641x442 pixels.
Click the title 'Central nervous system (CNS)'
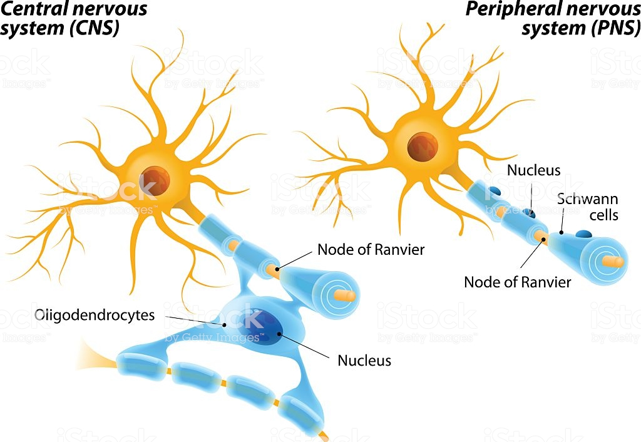pos(74,18)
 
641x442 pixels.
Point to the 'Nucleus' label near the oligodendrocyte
pos(364,360)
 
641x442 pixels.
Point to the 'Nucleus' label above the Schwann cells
pos(533,170)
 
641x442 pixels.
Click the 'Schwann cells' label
pos(587,207)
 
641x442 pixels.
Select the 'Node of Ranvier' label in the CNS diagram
pos(371,250)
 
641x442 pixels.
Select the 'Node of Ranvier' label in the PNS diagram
pos(517,282)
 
